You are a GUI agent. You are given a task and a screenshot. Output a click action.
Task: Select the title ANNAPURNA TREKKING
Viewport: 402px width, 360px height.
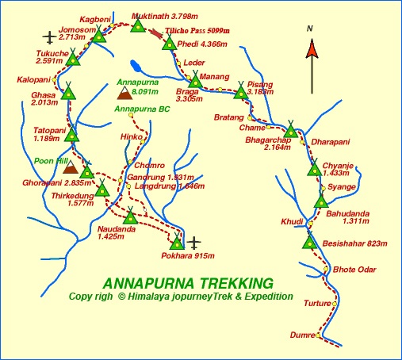[188, 283]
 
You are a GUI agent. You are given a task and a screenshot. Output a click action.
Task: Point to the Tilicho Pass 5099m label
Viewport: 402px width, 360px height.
[196, 31]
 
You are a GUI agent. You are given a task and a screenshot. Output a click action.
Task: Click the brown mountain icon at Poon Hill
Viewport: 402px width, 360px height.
[71, 168]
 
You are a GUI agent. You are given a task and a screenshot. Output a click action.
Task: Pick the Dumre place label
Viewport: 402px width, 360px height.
[301, 335]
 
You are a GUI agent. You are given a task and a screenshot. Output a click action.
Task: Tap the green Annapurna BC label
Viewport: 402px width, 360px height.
[142, 109]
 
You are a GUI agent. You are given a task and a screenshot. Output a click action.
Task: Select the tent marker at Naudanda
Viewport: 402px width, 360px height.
[130, 216]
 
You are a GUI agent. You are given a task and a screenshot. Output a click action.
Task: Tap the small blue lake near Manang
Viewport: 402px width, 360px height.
[136, 66]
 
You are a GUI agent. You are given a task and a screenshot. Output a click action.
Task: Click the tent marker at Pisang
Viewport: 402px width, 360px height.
[241, 93]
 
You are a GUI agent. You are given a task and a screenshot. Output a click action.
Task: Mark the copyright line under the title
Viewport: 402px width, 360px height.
[181, 297]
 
